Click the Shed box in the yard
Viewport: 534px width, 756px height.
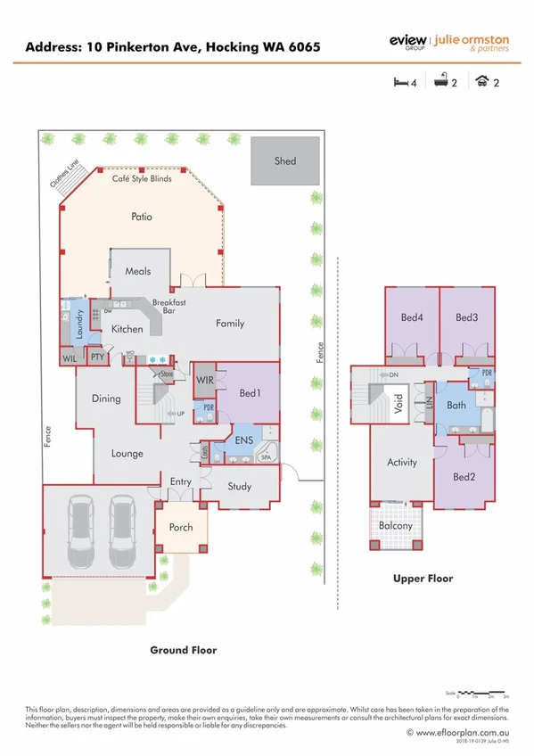(x=284, y=161)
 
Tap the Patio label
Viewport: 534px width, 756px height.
(x=141, y=217)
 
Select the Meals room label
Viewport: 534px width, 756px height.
(x=137, y=271)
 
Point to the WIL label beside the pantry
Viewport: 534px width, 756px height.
(x=70, y=358)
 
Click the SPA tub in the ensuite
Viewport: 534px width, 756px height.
(x=266, y=457)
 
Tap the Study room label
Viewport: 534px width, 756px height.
(x=239, y=487)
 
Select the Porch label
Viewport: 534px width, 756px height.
(x=181, y=527)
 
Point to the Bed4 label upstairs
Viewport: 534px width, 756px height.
(x=412, y=317)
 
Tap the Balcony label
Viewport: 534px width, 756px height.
(x=395, y=526)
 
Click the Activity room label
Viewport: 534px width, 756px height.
(x=401, y=463)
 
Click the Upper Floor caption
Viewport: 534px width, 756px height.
(x=423, y=579)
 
